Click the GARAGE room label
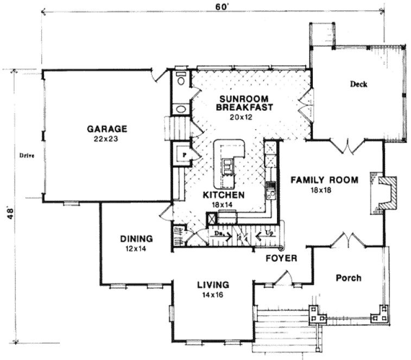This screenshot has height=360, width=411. click(107, 129)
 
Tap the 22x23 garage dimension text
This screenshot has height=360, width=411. click(107, 139)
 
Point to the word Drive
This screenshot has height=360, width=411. click(27, 155)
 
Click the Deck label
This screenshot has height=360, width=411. click(359, 84)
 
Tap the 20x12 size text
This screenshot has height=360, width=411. click(242, 117)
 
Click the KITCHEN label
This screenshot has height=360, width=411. click(223, 195)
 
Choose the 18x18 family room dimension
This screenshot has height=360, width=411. click(324, 191)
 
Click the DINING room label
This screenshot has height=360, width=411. click(136, 238)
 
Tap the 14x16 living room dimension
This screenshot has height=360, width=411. click(212, 295)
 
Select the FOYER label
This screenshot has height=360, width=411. click(281, 258)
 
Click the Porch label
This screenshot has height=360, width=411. click(348, 278)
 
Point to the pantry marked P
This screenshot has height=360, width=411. click(185, 154)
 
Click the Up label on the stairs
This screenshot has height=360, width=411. click(269, 234)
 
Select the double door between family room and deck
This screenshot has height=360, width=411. click(346, 145)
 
